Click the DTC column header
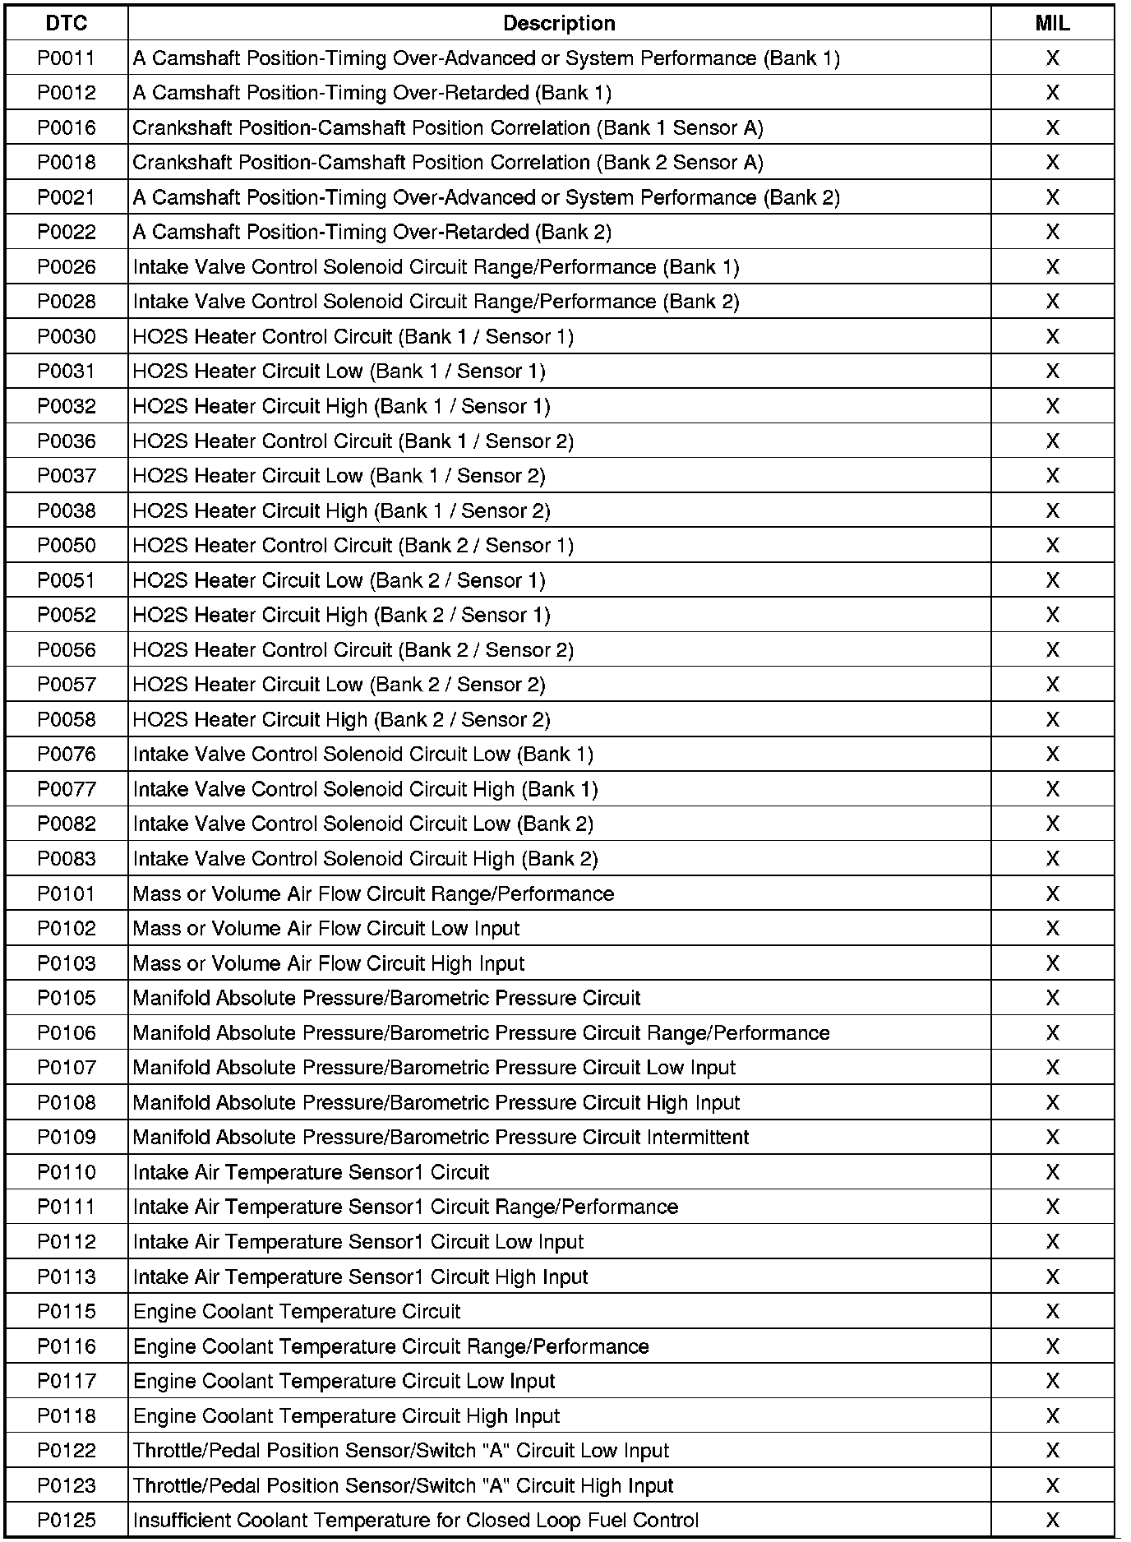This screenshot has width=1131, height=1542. [x=67, y=23]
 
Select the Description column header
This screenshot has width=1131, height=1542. [x=559, y=23]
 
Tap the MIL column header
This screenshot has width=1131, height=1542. [x=1052, y=23]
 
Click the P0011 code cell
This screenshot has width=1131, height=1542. [x=67, y=58]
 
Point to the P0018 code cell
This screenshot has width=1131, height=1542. [x=67, y=163]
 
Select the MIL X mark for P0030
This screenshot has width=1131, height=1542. [x=1052, y=337]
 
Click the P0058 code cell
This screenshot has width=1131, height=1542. [x=67, y=720]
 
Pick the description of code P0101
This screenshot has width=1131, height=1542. [x=373, y=893]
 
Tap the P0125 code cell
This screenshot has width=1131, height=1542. [x=67, y=1520]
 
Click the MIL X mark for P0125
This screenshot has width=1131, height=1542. [x=1052, y=1520]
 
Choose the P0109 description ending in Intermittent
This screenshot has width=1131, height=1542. [x=441, y=1138]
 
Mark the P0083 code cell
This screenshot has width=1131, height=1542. [x=67, y=859]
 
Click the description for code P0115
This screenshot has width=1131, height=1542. [x=297, y=1311]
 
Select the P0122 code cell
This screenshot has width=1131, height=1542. [x=67, y=1451]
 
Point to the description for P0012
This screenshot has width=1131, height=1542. [x=372, y=93]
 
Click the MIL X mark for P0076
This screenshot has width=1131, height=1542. [x=1052, y=755]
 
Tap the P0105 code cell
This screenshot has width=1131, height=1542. [x=67, y=998]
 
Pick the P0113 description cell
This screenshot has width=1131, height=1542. [x=360, y=1277]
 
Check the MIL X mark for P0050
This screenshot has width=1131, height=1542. [x=1052, y=546]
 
